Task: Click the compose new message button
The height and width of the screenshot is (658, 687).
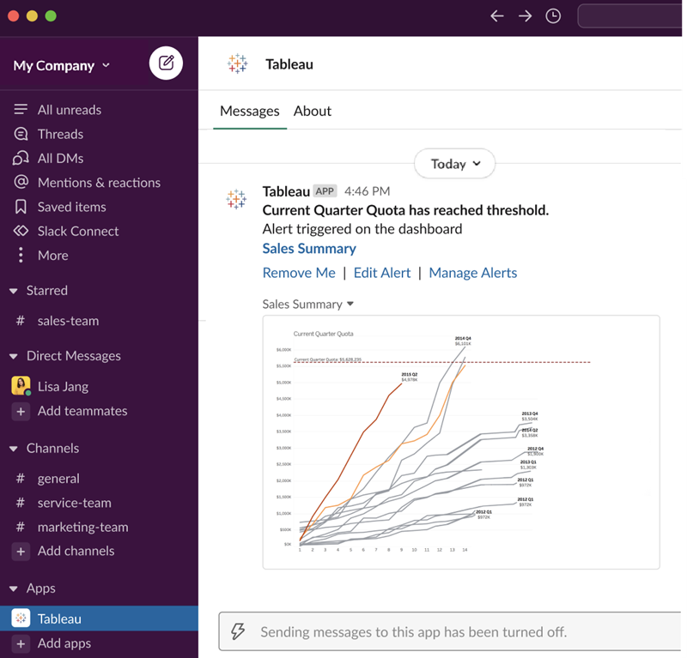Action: pos(166,63)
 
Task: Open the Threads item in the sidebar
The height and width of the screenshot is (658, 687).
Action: pos(60,134)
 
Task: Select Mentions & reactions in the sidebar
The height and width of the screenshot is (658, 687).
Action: pos(99,183)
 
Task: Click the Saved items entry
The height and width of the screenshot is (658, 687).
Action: pos(71,207)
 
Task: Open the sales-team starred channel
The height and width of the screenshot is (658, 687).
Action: pos(68,321)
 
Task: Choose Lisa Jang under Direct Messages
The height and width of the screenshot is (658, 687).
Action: pos(63,386)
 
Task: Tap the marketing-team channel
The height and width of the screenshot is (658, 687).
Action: pos(82,527)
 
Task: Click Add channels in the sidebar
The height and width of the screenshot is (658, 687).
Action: pos(76,551)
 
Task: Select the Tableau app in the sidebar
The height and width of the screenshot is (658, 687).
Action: pos(59,619)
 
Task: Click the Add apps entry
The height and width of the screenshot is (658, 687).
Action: pos(64,643)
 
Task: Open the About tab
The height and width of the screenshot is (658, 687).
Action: pos(313,111)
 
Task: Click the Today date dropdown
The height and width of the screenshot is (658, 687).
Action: pos(454,164)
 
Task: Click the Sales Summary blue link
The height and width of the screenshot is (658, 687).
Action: pos(309,249)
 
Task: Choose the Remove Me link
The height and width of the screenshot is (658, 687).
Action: pos(299,273)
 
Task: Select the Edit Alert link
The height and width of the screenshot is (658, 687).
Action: pos(382,273)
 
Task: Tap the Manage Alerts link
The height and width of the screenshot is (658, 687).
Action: pos(472,273)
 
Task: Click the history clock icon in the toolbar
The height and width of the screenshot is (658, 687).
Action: pos(553,15)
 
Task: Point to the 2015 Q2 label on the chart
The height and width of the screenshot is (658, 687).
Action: pos(409,375)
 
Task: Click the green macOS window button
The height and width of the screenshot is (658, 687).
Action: pos(51,16)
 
